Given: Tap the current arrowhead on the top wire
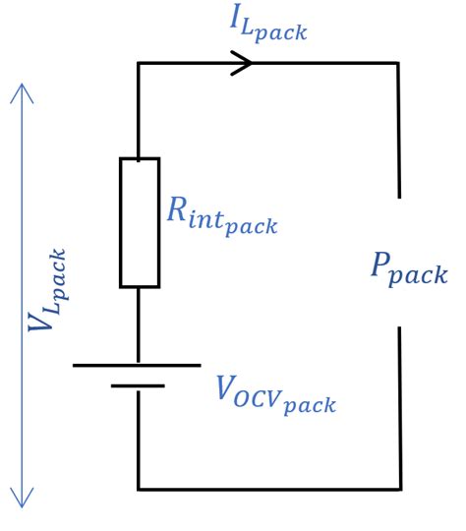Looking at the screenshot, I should point(244,64).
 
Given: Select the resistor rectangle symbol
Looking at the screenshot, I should point(139,222).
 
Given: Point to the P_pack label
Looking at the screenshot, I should point(408,267).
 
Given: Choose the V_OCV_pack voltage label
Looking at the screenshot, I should point(275,392).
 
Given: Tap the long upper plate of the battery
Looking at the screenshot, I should point(137,365).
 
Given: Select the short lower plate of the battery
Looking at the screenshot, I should point(137,385).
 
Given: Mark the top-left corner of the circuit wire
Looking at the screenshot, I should point(139,64).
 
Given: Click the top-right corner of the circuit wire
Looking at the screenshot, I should point(398,64).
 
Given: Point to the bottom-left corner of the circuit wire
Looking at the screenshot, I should point(139,489).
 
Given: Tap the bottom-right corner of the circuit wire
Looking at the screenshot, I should point(399,489).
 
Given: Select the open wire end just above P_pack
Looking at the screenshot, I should point(398,197).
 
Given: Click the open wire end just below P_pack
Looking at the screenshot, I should point(399,329).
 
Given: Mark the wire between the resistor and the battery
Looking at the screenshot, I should point(139,324).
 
